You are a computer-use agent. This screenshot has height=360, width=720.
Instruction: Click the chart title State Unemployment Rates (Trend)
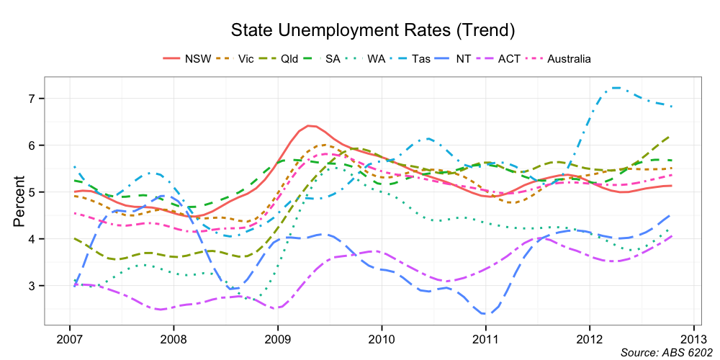point(372,30)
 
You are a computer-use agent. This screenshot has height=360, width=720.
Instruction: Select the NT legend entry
point(463,59)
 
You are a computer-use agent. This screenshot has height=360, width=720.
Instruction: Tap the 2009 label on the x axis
point(278,338)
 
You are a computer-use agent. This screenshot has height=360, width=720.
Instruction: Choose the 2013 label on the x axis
point(693,338)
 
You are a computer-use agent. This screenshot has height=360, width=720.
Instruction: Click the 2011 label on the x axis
point(486,338)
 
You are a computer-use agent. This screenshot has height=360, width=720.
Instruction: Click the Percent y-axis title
point(19,202)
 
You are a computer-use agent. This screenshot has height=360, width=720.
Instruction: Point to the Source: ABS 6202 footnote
point(666,353)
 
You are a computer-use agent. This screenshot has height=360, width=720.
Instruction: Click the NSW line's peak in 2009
point(310,125)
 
